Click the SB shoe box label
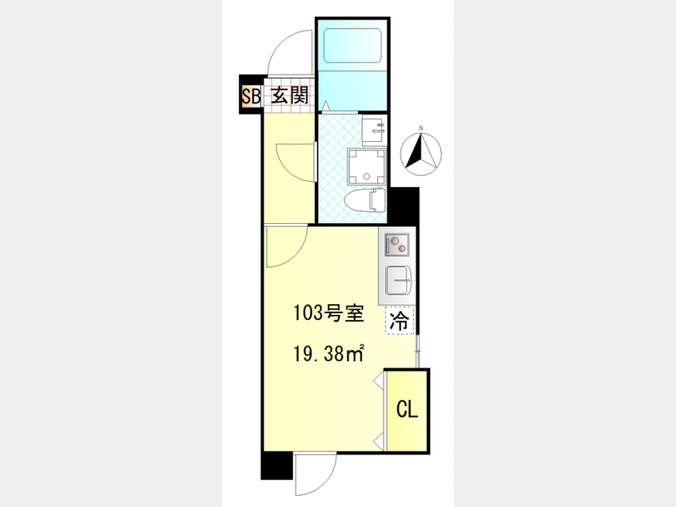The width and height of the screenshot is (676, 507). click(x=250, y=95)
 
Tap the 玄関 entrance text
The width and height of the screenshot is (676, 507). click(x=290, y=95)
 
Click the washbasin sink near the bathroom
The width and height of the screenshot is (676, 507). click(x=374, y=130)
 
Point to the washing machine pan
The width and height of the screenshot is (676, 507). click(x=367, y=166)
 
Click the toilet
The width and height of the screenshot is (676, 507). click(x=366, y=201)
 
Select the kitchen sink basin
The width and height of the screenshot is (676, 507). click(x=398, y=281)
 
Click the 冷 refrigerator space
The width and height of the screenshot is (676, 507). click(x=400, y=320)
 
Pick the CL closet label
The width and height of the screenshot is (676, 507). click(x=407, y=409)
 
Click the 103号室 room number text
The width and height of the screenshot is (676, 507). click(x=330, y=313)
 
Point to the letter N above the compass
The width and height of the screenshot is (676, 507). click(x=421, y=128)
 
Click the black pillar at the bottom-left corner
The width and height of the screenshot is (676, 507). click(x=276, y=466)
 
